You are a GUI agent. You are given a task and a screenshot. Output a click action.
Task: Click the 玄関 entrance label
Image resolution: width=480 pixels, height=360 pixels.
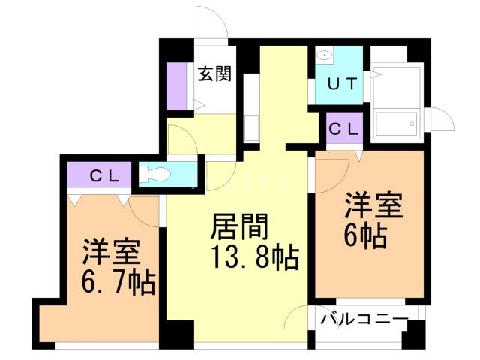[214, 74]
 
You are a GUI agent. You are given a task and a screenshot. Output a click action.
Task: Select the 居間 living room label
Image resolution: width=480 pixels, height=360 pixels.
[239, 227]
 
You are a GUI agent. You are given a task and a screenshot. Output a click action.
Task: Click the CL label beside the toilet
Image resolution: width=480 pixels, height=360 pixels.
[102, 177]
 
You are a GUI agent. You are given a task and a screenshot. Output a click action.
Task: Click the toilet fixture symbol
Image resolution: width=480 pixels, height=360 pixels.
[158, 174]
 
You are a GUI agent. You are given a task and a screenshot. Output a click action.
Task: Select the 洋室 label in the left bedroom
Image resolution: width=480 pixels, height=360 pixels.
[112, 250]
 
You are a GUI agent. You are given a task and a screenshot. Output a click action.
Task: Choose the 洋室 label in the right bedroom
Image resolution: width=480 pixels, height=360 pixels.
[373, 205]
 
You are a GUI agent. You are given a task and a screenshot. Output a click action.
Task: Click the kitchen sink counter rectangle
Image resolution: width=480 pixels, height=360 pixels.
[251, 112]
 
